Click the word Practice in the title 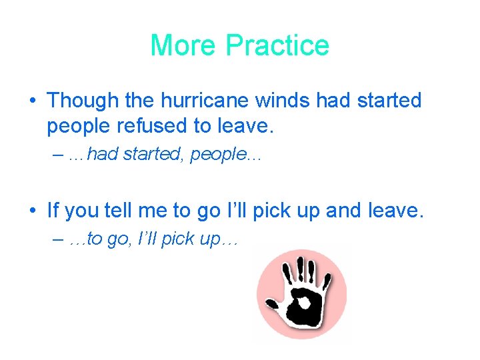point(277,45)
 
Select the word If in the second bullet point(53,211)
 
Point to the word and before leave point(344,211)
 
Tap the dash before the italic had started point(56,155)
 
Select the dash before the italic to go point(56,240)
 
